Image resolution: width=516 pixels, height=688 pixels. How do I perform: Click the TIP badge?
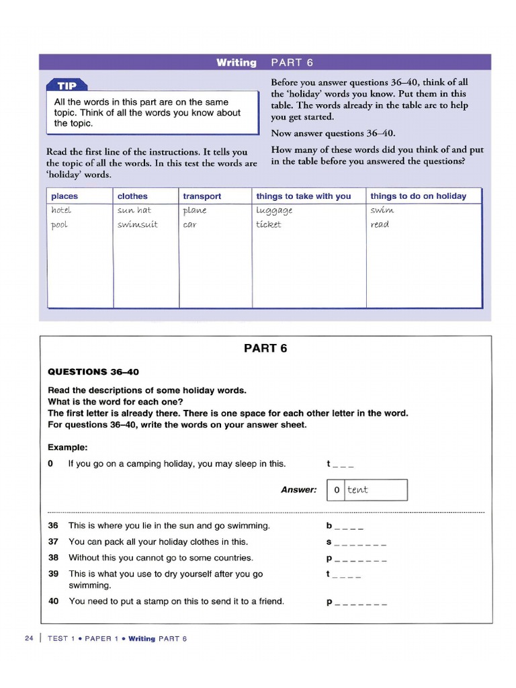tap(67, 85)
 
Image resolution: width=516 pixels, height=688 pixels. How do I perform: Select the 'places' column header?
tap(64, 196)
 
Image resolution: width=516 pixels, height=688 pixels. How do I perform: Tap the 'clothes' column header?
tap(132, 196)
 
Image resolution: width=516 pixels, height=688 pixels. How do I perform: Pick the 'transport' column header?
tap(202, 196)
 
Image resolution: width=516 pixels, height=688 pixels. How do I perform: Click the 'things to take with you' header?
tap(303, 196)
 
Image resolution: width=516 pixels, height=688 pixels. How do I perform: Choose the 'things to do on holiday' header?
tap(417, 196)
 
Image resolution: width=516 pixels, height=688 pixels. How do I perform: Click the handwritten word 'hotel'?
tap(61, 210)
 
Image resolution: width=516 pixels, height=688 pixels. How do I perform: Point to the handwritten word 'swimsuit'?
tap(137, 224)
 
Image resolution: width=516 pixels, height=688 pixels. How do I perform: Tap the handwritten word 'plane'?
tap(195, 210)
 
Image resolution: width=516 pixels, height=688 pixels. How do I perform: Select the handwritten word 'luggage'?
tap(274, 211)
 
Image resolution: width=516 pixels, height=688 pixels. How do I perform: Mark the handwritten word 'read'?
tap(380, 224)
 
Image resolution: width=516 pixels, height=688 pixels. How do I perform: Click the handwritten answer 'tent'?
tap(357, 490)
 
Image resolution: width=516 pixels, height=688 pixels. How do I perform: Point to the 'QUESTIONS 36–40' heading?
tap(93, 372)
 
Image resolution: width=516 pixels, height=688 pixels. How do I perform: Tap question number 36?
tap(54, 525)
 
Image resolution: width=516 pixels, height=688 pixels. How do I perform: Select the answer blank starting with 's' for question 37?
tap(356, 542)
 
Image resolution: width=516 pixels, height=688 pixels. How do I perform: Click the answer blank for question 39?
tap(343, 574)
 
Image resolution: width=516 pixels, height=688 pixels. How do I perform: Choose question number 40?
tap(54, 601)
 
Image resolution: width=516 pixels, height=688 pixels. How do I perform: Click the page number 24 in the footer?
tap(28, 638)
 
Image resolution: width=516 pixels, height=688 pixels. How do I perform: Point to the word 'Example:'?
tap(68, 447)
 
